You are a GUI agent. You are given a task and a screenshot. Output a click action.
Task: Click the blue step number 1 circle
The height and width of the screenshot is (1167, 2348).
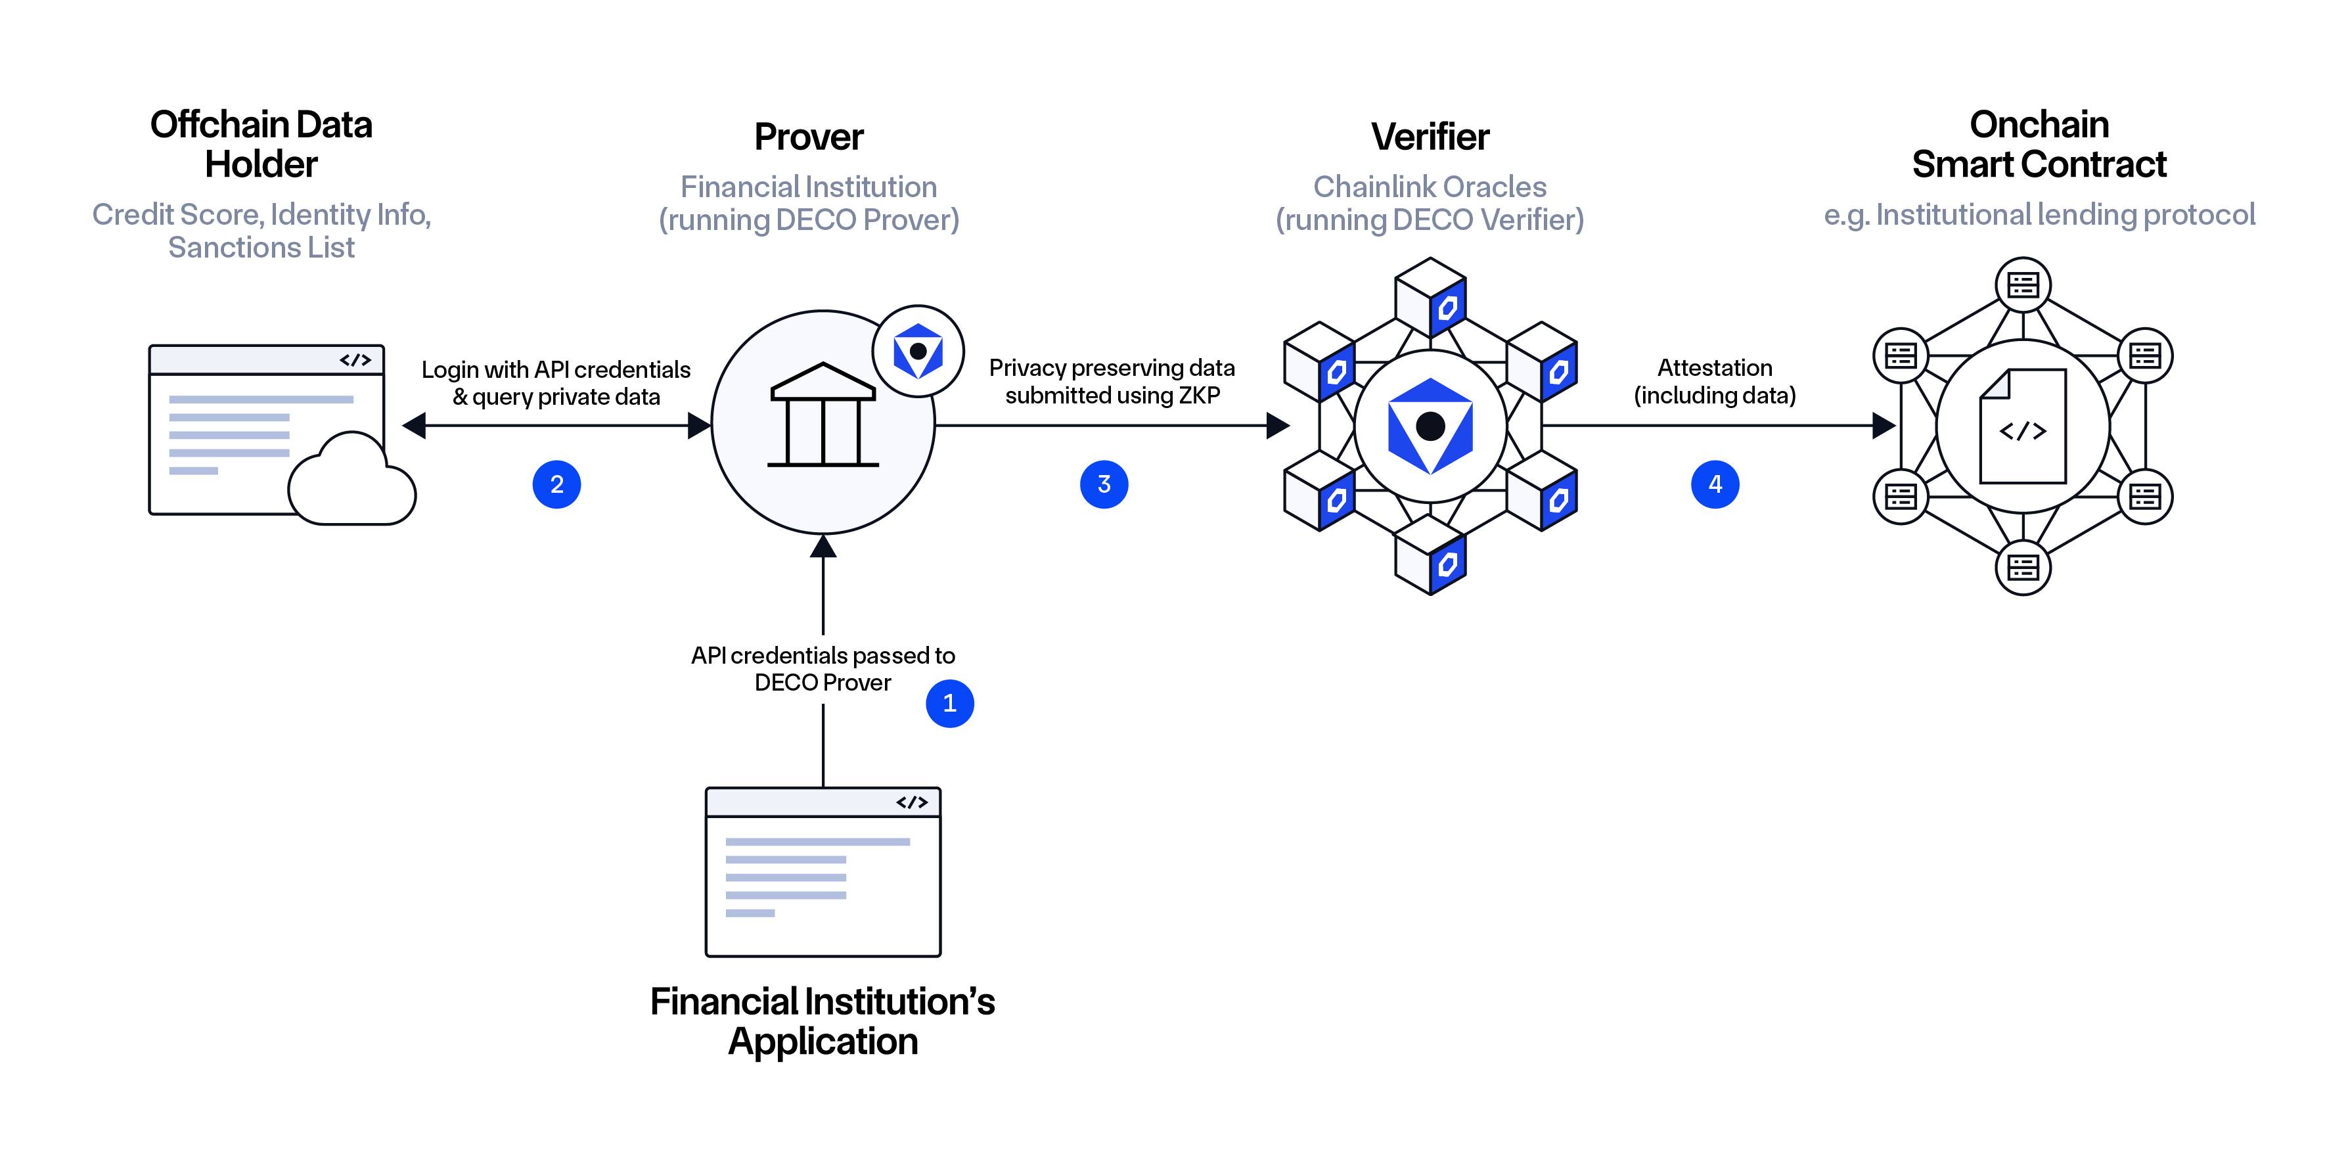click(x=950, y=703)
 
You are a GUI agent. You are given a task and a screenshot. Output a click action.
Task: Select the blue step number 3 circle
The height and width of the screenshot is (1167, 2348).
click(x=1104, y=484)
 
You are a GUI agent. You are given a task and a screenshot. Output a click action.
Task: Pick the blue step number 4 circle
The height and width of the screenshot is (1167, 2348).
click(x=1715, y=484)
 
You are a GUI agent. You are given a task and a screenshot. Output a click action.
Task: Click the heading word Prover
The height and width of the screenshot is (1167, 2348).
click(x=809, y=137)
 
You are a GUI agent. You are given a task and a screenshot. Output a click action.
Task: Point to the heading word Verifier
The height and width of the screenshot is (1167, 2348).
click(x=1430, y=137)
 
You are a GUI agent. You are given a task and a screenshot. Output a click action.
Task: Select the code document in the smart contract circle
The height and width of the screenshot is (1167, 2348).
click(x=2023, y=426)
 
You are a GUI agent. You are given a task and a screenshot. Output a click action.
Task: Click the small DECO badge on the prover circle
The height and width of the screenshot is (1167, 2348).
click(x=918, y=351)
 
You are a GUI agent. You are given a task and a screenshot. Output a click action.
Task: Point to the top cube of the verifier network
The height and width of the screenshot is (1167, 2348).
click(x=1430, y=297)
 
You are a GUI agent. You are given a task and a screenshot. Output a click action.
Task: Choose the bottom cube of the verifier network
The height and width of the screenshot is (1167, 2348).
click(x=1430, y=555)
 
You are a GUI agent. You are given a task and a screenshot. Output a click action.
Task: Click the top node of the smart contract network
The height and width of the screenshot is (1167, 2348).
click(x=2023, y=285)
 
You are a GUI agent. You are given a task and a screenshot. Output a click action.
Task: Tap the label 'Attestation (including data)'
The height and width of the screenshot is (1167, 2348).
click(x=1715, y=381)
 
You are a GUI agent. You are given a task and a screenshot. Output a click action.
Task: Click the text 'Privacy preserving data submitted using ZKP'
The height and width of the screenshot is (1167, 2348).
click(x=1112, y=381)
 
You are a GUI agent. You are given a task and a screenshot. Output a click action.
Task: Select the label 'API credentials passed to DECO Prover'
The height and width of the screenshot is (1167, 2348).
click(x=823, y=668)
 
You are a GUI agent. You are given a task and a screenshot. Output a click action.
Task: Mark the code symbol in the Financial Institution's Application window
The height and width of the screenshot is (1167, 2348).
click(x=911, y=802)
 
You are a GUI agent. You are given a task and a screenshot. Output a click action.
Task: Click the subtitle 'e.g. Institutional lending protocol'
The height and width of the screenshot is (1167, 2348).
click(x=2039, y=214)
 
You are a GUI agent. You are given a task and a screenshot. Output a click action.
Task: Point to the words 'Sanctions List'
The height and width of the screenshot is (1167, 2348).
click(x=261, y=247)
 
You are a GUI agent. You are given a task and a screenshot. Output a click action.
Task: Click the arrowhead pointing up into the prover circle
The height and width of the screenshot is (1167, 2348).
click(x=823, y=545)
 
